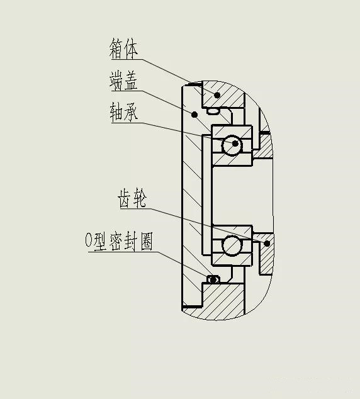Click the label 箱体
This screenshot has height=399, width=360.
(123, 48)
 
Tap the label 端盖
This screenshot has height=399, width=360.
(123, 81)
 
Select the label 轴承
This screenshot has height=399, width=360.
(124, 112)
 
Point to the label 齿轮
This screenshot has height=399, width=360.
(132, 198)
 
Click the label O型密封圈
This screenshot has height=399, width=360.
(119, 241)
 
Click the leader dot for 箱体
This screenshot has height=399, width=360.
(217, 95)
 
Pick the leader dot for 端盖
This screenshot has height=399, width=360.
(194, 115)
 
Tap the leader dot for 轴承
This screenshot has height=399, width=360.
(235, 143)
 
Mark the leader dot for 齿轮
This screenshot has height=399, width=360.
(267, 244)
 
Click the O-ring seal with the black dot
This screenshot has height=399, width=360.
(213, 279)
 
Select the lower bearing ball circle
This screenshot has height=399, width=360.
(232, 245)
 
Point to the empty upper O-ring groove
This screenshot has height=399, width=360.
(213, 111)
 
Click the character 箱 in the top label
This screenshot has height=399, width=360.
(116, 48)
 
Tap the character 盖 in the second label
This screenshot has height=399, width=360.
(131, 81)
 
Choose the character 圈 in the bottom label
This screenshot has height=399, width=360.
(147, 241)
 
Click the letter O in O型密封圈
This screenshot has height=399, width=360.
(89, 240)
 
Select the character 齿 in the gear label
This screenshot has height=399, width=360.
(125, 198)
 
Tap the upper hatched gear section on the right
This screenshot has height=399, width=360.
(263, 145)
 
